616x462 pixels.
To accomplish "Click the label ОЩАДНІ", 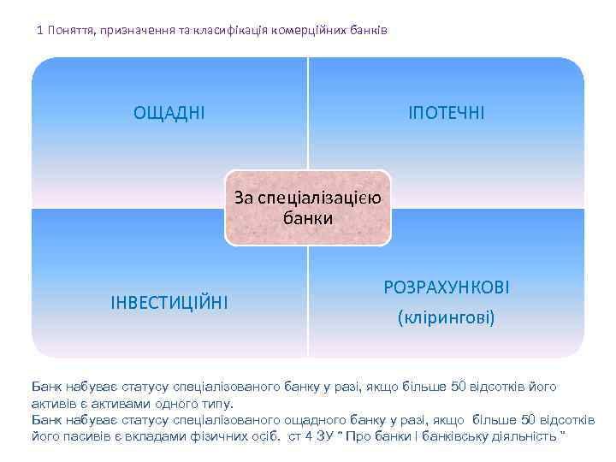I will (x=169, y=112).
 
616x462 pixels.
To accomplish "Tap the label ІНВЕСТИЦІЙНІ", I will (x=169, y=302).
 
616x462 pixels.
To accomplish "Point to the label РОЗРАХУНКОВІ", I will (x=447, y=287).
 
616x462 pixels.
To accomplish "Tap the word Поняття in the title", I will (x=73, y=31).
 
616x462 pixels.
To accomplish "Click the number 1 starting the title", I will (x=39, y=31).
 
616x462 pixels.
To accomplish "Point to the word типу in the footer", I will (x=215, y=403).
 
